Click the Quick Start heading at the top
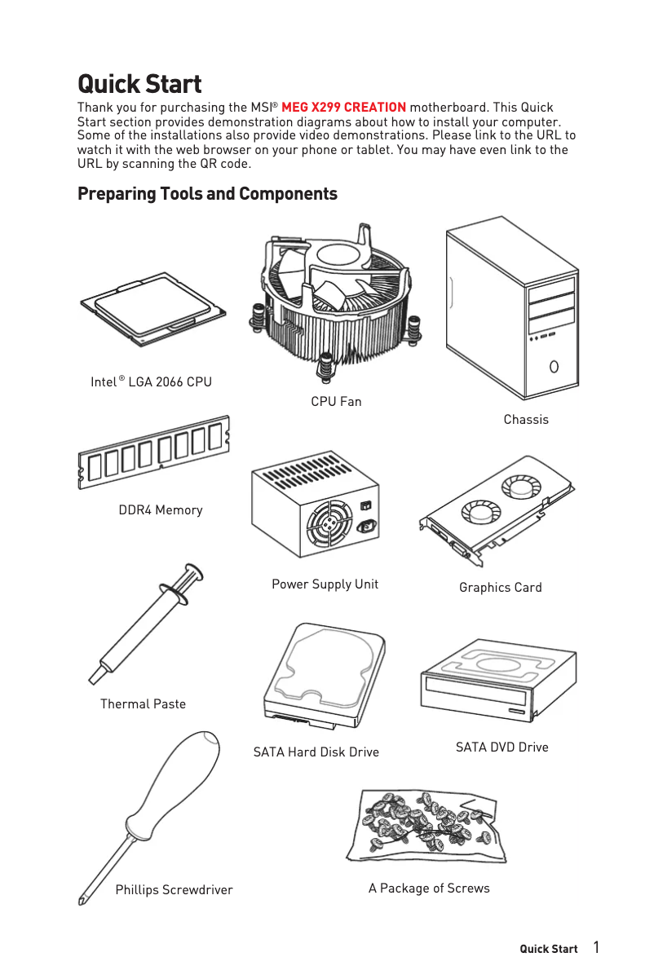139,84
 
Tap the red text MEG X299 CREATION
343,108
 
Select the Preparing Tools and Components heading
207,194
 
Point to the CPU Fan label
336,402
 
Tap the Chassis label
526,420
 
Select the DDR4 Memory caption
161,510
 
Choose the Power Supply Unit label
325,584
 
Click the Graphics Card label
500,588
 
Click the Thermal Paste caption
143,704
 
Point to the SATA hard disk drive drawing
325,677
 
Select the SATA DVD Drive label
502,747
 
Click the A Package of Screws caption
429,889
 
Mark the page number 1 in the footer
597,947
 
